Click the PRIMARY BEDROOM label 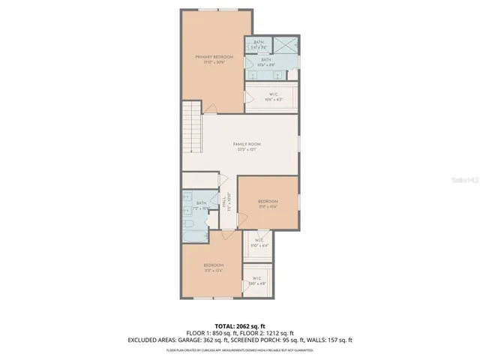(x=214, y=57)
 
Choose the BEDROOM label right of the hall (x=268, y=201)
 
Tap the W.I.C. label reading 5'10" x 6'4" (x=258, y=241)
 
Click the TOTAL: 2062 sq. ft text (x=239, y=325)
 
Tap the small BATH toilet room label (x=258, y=42)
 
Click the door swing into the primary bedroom (x=214, y=107)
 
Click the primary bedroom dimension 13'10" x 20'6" (x=214, y=63)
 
